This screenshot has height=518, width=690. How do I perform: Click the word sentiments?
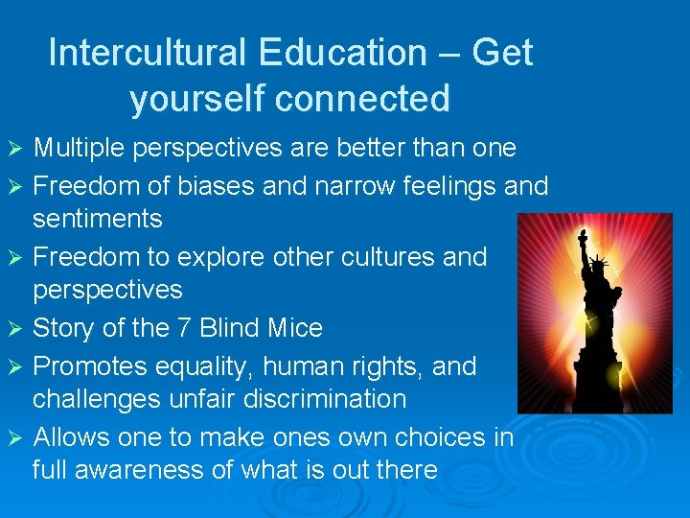coord(97,219)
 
